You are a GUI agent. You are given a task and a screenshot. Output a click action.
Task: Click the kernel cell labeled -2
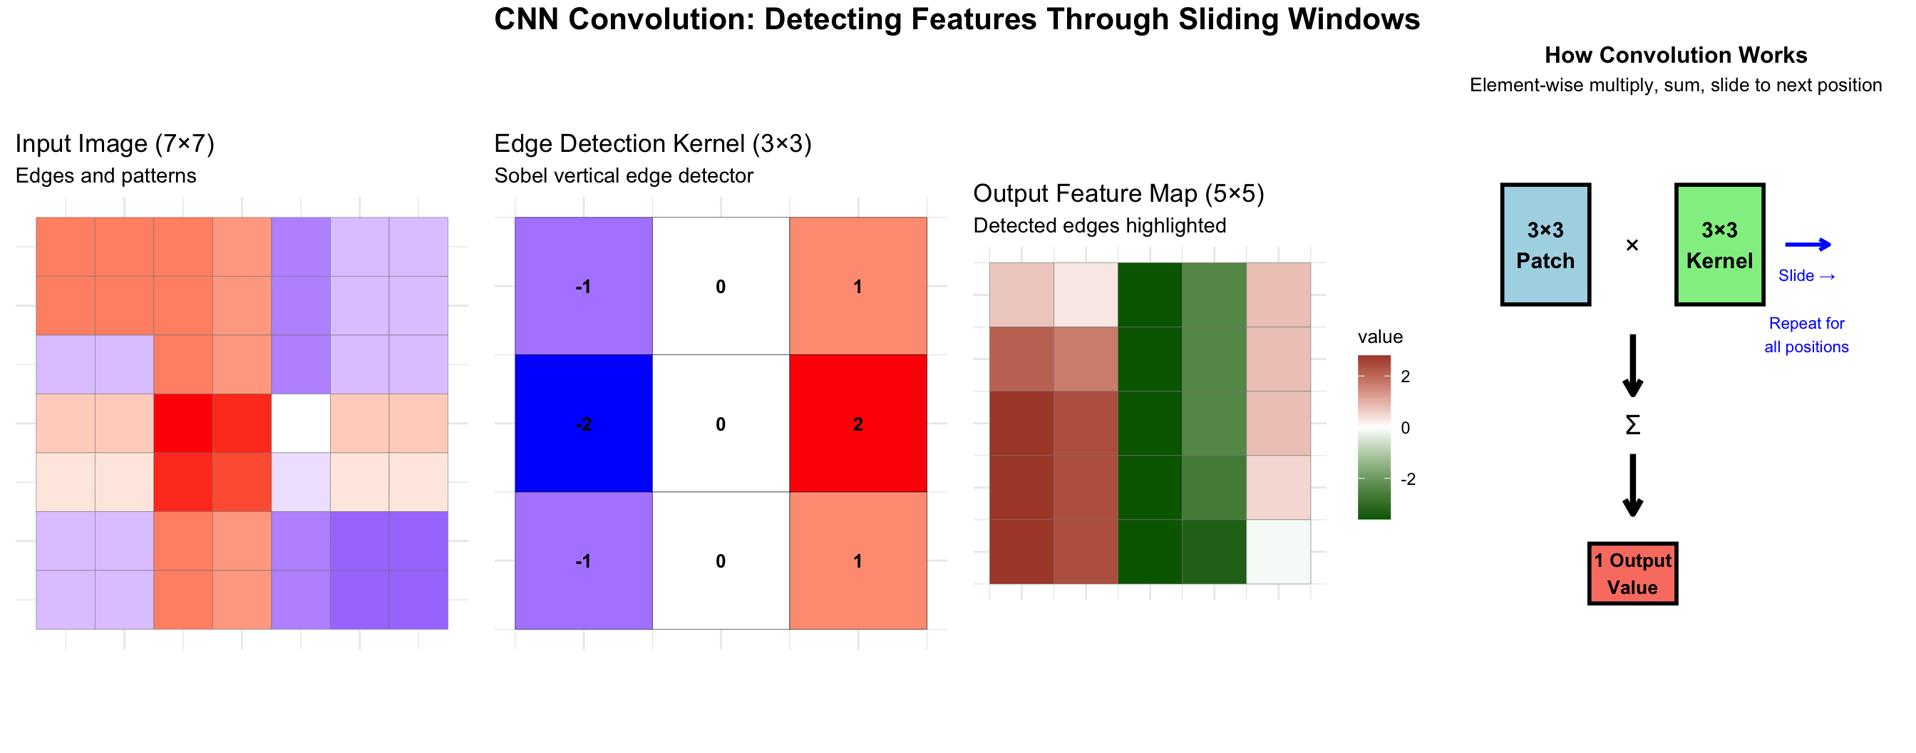click(583, 424)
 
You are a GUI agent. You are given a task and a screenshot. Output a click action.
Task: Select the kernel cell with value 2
click(857, 424)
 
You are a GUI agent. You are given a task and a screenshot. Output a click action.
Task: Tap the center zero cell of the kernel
click(721, 424)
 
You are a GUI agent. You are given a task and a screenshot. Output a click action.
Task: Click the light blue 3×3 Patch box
click(1545, 245)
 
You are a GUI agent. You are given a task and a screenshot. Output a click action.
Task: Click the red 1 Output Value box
click(1632, 574)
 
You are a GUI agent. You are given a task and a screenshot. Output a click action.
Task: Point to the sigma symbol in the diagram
click(1632, 426)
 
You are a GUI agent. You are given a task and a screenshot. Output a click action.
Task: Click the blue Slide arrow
click(1808, 244)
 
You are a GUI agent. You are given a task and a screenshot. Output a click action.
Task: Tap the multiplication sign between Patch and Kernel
click(1632, 245)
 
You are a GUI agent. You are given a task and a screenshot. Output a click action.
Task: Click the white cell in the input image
click(301, 424)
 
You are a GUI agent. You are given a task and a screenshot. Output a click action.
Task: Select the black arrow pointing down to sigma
click(1632, 366)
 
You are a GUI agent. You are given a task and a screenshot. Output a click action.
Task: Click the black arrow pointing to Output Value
click(1632, 486)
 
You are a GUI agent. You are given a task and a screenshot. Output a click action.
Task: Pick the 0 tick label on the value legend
click(1405, 428)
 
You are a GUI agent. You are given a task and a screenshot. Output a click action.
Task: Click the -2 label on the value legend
click(1408, 479)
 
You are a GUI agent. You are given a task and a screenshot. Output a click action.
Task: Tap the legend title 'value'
click(1380, 337)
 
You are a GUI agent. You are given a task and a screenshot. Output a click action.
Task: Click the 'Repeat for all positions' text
click(1806, 335)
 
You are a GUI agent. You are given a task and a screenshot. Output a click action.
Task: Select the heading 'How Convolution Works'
click(1676, 55)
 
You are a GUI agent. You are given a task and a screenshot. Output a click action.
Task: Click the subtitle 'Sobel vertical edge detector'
click(623, 175)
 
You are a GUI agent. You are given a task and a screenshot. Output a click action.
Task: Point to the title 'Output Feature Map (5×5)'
click(1118, 193)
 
